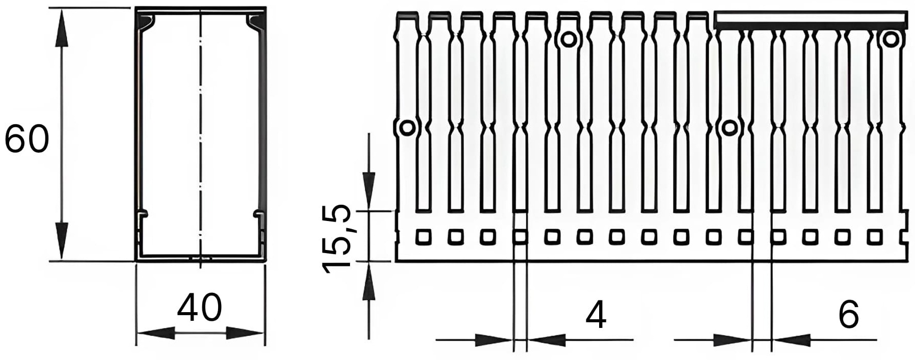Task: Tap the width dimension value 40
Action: click(x=200, y=308)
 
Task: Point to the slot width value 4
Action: click(x=596, y=315)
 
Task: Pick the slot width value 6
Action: click(x=848, y=314)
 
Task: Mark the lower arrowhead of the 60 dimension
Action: click(x=62, y=241)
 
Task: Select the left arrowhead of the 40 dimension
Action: click(x=155, y=334)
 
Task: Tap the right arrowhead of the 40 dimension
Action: click(x=245, y=334)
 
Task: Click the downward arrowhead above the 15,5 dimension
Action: click(x=368, y=191)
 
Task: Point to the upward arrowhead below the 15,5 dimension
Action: click(x=368, y=281)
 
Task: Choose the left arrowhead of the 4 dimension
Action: click(x=494, y=340)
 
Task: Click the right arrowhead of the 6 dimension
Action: click(x=791, y=340)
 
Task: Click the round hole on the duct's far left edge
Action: click(x=407, y=127)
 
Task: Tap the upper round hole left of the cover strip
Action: click(x=568, y=39)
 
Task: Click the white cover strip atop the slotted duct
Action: click(x=811, y=20)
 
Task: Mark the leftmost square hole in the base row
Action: click(x=424, y=237)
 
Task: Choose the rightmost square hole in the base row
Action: click(x=875, y=237)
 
